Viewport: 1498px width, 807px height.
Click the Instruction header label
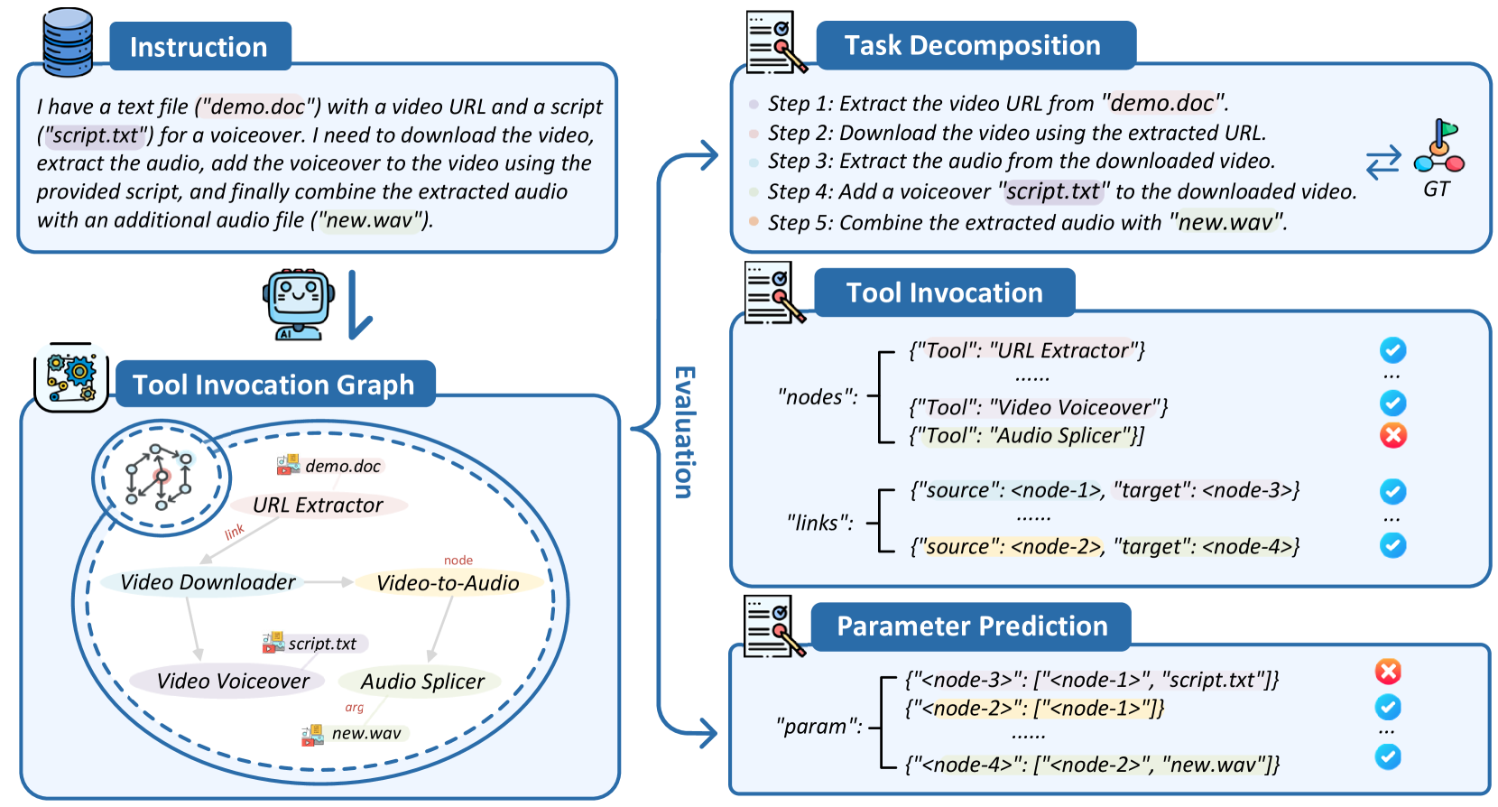[x=199, y=47]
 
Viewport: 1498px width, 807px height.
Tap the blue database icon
[x=69, y=42]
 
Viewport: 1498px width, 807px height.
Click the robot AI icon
[x=298, y=304]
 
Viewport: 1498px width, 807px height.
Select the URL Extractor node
[x=318, y=505]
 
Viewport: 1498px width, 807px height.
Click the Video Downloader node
[x=208, y=582]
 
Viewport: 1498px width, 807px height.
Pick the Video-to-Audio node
[x=448, y=583]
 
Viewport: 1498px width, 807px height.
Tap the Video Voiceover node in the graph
[x=233, y=682]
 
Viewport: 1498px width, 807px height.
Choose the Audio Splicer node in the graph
[x=422, y=682]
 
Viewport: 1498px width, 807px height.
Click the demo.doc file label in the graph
[x=342, y=467]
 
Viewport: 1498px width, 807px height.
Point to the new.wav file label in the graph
[x=365, y=734]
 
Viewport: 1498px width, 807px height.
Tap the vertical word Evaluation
[x=685, y=432]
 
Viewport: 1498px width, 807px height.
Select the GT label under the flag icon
[x=1437, y=190]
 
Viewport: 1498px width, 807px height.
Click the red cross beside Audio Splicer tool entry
[x=1393, y=435]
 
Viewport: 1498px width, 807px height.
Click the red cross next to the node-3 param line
[x=1388, y=672]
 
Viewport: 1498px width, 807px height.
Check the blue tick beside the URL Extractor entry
[x=1393, y=349]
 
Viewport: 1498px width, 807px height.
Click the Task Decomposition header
[x=973, y=46]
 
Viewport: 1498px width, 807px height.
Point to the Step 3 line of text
[x=1021, y=162]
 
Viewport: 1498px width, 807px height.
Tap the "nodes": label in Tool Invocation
[x=818, y=397]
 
